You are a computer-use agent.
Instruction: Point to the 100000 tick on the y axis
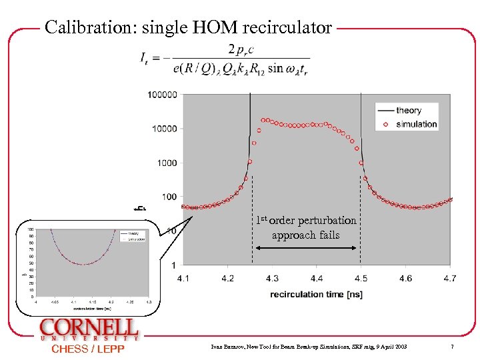coord(162,95)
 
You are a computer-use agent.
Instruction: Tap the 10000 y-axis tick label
coord(164,129)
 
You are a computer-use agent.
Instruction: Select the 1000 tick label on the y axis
coord(166,163)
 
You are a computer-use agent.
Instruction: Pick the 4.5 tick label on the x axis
coord(361,278)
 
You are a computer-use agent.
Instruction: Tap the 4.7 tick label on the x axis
coord(451,278)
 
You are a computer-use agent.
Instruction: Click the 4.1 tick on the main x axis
coord(183,278)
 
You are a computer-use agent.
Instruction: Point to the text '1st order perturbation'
coord(306,221)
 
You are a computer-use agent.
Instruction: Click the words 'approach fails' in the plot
coord(305,235)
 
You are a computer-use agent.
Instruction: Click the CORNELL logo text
coord(89,328)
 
